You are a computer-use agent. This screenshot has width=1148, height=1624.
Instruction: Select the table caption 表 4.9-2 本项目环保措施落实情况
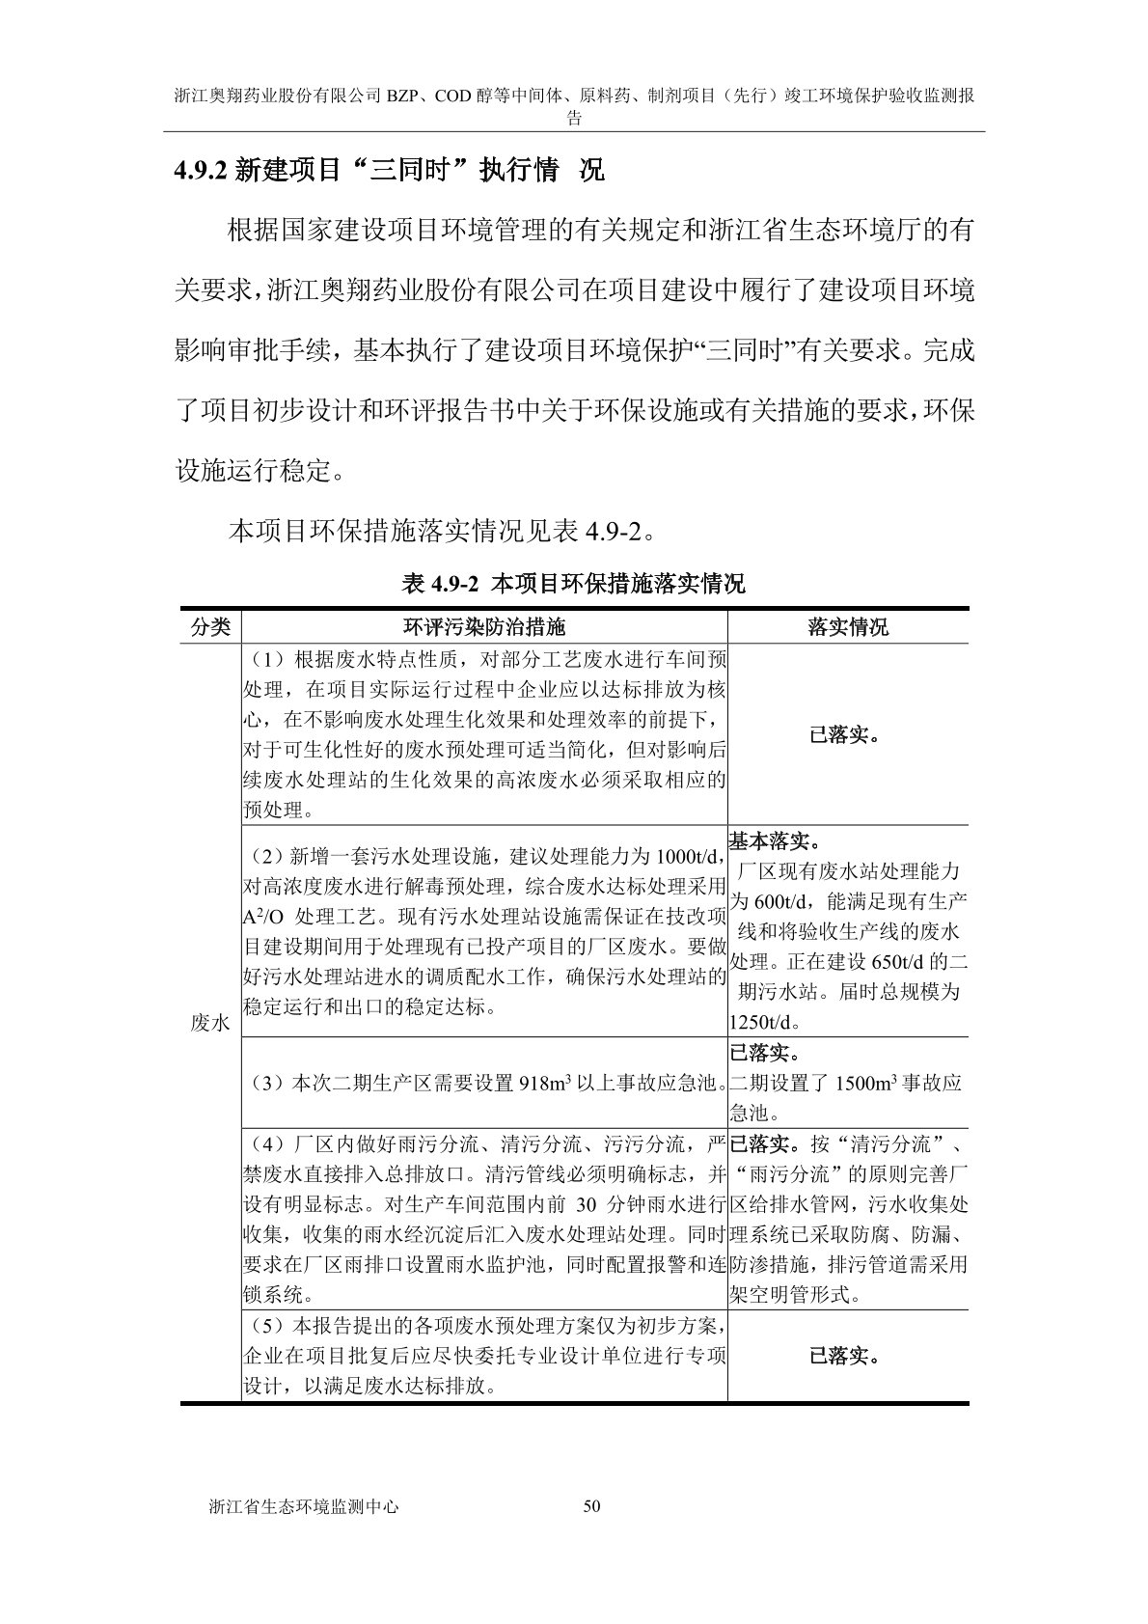(x=573, y=584)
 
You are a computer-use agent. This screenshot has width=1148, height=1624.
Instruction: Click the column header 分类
(x=210, y=627)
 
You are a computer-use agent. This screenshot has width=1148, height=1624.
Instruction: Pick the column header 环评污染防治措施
(x=484, y=627)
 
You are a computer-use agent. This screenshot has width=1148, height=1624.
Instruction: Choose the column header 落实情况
(x=847, y=627)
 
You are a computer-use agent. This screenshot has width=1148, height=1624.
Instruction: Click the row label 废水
(x=210, y=1023)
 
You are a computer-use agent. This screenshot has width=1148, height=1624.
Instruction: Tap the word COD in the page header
(x=452, y=96)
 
